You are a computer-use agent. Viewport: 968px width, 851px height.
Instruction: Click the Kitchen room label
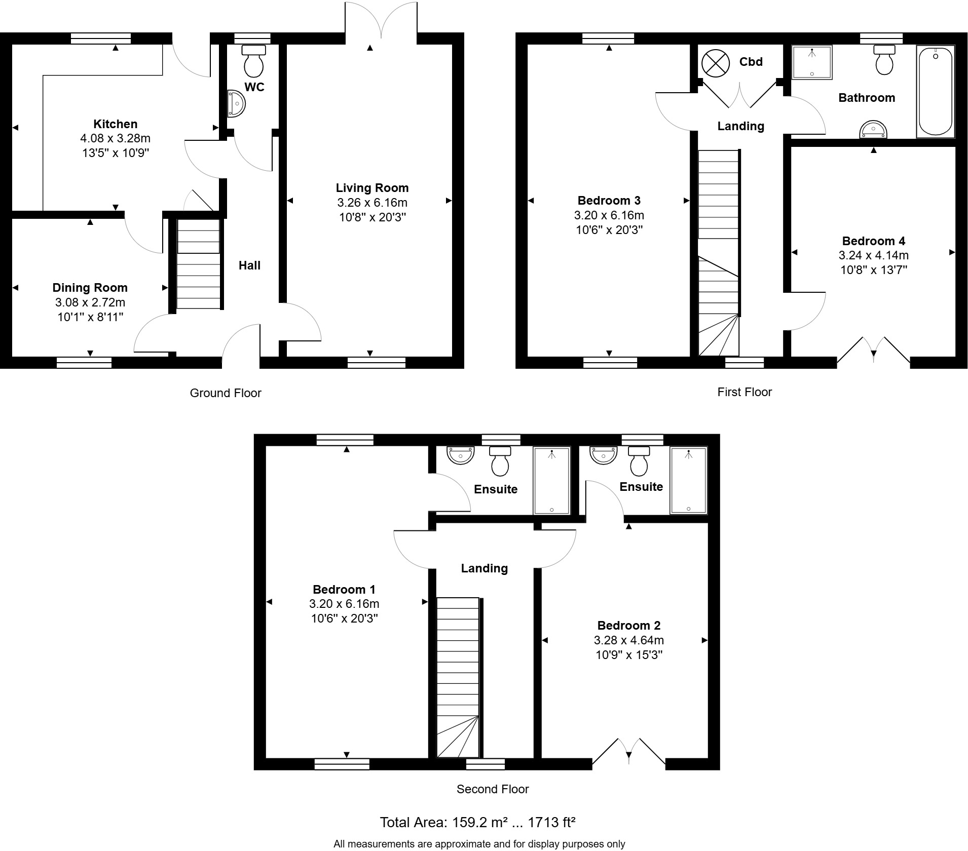pyautogui.click(x=115, y=124)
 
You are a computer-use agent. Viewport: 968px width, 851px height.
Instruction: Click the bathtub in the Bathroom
pyautogui.click(x=935, y=92)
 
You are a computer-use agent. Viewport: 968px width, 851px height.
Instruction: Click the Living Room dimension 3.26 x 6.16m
pyautogui.click(x=372, y=203)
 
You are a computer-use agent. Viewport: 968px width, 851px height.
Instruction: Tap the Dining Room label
pyautogui.click(x=90, y=288)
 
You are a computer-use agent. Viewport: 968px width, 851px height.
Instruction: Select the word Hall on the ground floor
pyautogui.click(x=249, y=265)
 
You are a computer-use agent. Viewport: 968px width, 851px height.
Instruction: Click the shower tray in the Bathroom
pyautogui.click(x=812, y=63)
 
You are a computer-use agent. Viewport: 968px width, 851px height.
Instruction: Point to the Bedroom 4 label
pyautogui.click(x=873, y=241)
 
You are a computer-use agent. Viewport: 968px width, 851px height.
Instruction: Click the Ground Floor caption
pyautogui.click(x=226, y=393)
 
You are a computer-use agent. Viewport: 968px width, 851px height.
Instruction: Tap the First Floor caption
pyautogui.click(x=744, y=392)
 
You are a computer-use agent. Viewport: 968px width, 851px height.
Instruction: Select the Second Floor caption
pyautogui.click(x=492, y=789)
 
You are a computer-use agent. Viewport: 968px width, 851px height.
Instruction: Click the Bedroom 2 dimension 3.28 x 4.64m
pyautogui.click(x=628, y=640)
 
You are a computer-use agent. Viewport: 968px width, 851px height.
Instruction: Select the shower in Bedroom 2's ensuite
pyautogui.click(x=688, y=480)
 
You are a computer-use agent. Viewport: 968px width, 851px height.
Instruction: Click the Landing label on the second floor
pyautogui.click(x=484, y=568)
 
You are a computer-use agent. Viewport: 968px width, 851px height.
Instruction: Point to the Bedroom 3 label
pyautogui.click(x=609, y=201)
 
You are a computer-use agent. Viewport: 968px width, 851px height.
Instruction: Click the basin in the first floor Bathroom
pyautogui.click(x=873, y=130)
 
